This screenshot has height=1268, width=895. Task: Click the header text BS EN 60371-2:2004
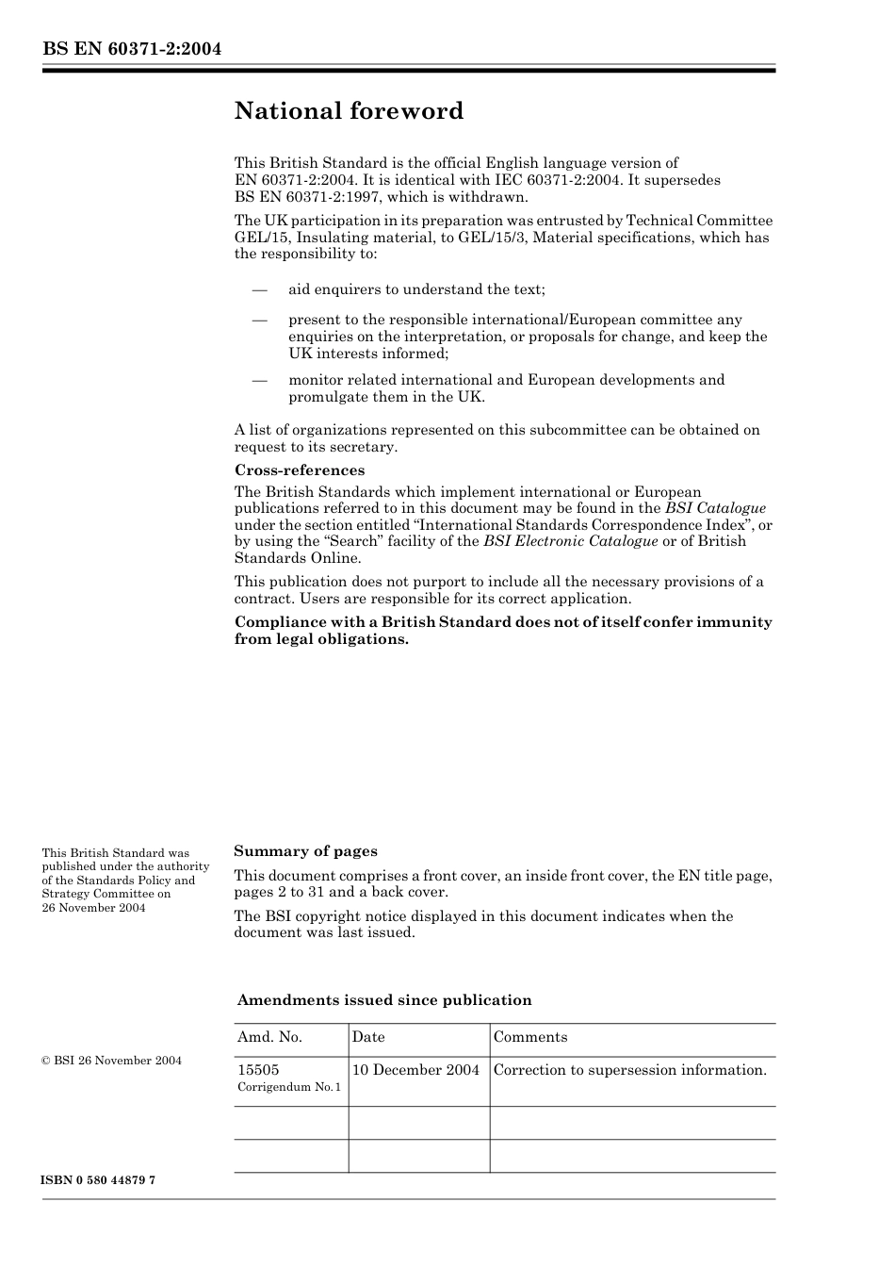(x=131, y=49)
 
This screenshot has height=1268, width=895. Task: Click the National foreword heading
(x=349, y=111)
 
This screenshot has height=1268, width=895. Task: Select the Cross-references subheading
(x=299, y=470)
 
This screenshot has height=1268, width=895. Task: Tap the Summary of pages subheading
(x=305, y=851)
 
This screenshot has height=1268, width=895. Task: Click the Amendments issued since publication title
(x=383, y=1000)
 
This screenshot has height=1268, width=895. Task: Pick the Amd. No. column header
(x=269, y=1037)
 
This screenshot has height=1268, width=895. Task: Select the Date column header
(x=368, y=1037)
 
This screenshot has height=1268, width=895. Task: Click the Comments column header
(x=530, y=1037)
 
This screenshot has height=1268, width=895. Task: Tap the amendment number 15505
(x=258, y=1070)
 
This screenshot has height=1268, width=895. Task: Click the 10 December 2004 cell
(x=415, y=1070)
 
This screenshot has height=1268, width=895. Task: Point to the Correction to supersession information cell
(x=629, y=1070)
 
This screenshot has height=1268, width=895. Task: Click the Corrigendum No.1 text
(x=289, y=1087)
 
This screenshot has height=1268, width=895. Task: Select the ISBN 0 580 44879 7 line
(x=99, y=1180)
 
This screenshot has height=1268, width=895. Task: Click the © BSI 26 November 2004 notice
(x=112, y=1061)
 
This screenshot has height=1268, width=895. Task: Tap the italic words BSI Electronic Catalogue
(x=570, y=541)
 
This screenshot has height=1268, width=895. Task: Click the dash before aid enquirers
(x=259, y=289)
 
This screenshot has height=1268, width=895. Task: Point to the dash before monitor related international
(x=259, y=380)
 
